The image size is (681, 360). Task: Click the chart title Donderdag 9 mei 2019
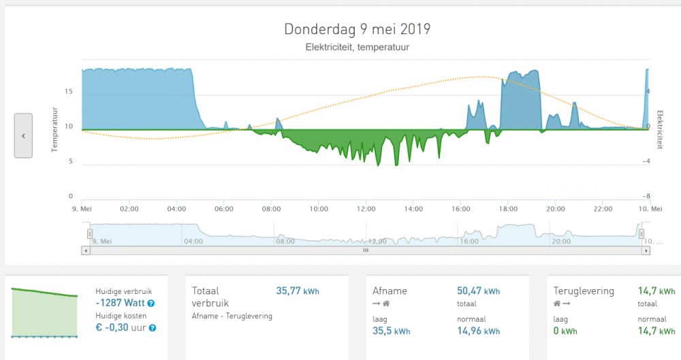point(357,29)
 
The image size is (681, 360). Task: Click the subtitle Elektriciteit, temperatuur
point(357,48)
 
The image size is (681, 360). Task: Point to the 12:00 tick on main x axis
point(366,209)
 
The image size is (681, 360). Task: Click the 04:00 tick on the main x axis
point(176,209)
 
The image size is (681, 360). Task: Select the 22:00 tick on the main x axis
point(603,209)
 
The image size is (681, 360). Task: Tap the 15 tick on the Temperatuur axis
point(68,91)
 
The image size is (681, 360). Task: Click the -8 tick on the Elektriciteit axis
point(648,196)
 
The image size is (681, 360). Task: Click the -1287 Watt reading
point(121,304)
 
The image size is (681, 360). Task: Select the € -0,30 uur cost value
point(121,327)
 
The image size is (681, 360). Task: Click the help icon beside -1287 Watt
point(151,304)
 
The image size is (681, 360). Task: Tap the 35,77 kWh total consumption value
point(298,291)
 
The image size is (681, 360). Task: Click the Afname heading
point(391,291)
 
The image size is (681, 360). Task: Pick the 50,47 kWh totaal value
point(478,291)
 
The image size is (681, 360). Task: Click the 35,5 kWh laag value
point(392,331)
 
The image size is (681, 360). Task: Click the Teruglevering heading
point(584,291)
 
